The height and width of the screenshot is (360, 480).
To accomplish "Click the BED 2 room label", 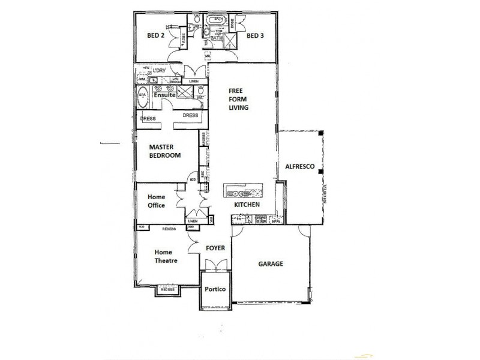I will point(156,35).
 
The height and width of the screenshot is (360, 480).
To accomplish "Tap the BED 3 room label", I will point(256,35).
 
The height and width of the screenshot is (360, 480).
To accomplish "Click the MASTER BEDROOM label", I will point(165,151).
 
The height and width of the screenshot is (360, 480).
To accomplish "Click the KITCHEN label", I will point(247,205).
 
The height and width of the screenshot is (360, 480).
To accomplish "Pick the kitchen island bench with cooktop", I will point(243,192).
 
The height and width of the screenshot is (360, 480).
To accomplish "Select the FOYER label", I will point(215,247).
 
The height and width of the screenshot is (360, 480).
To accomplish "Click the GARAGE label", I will point(271,264).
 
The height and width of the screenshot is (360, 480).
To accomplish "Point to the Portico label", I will point(215,289).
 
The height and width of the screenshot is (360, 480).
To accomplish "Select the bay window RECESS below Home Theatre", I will point(168,289).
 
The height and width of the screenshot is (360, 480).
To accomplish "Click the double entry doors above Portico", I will point(215,265).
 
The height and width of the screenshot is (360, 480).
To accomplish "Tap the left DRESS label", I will point(148,119).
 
